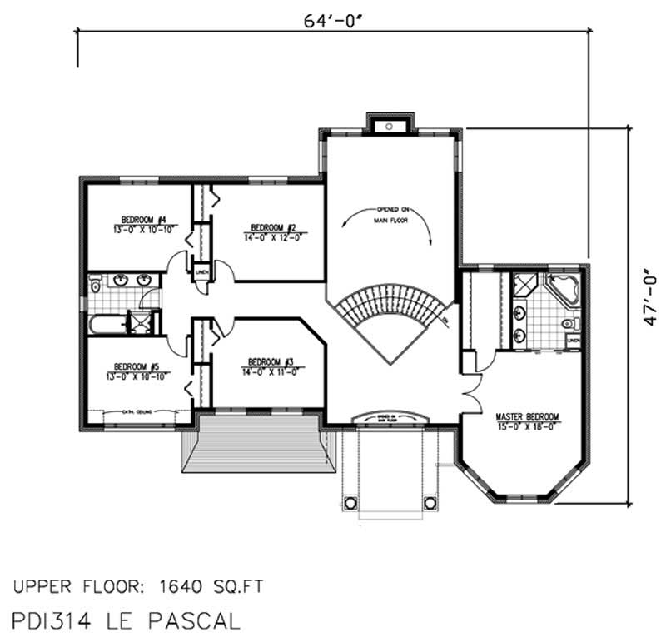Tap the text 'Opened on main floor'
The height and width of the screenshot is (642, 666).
pos(391,215)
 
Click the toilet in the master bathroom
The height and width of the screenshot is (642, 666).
pos(569,323)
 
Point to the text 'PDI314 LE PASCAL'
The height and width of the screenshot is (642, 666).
pos(127,620)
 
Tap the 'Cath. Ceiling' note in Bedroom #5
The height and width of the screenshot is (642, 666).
pos(137,411)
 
